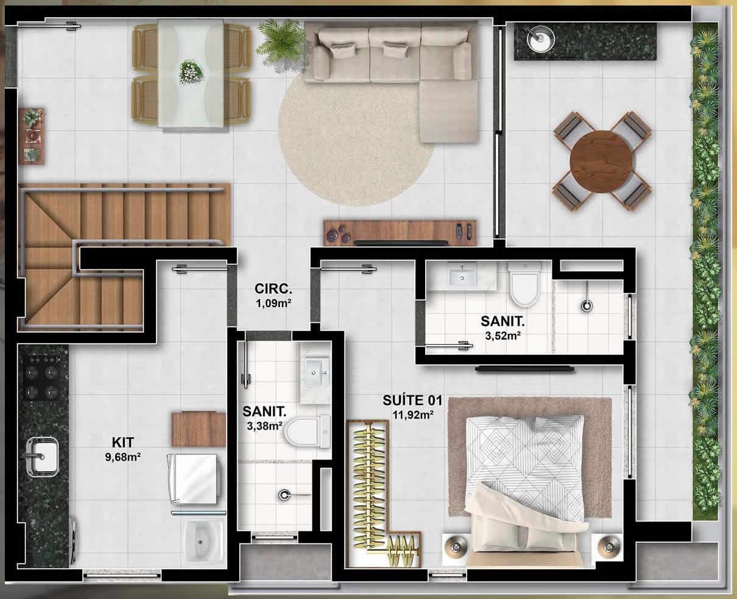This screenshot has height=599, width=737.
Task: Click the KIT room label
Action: [x=123, y=442]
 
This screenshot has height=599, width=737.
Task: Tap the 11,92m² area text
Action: [x=413, y=414]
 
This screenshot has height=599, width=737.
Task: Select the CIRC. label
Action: [x=273, y=288]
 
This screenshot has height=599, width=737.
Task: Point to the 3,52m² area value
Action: [x=503, y=336]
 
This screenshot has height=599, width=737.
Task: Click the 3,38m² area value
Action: [x=264, y=425]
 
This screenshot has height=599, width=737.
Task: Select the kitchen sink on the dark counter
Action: [x=42, y=457]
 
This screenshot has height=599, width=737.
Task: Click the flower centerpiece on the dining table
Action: [x=191, y=72]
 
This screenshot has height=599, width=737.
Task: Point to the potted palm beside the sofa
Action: [x=282, y=41]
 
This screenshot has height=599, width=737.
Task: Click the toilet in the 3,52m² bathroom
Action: [x=524, y=284]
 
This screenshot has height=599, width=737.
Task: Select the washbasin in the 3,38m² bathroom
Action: [x=316, y=373]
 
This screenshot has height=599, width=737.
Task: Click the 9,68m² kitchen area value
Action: [x=123, y=457]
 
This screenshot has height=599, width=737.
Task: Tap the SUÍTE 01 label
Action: [x=412, y=400]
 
